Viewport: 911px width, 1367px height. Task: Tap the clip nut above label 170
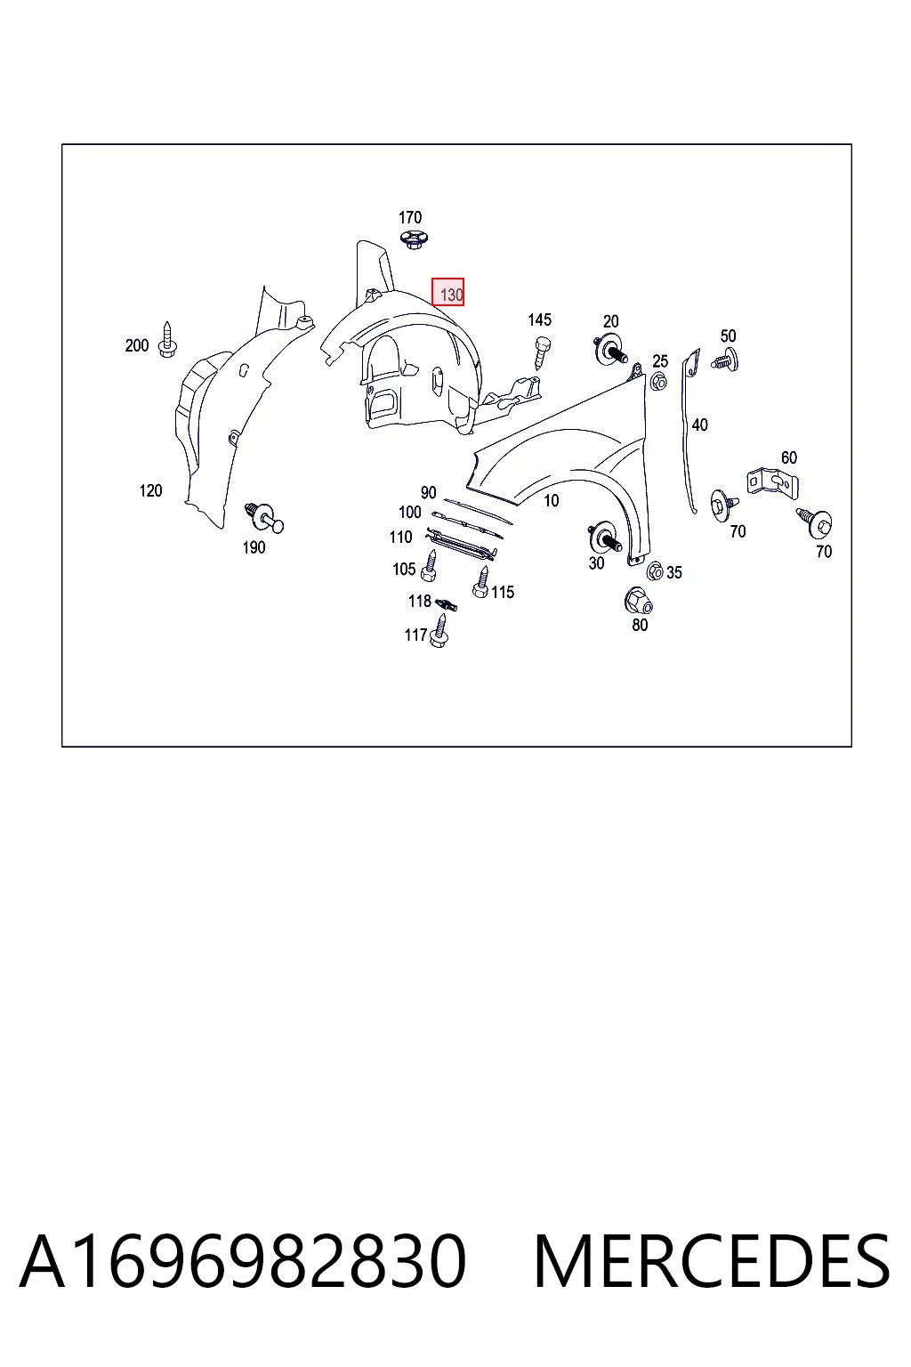click(x=413, y=239)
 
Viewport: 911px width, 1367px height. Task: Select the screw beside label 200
click(x=167, y=339)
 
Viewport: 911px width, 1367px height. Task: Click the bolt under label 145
click(x=541, y=352)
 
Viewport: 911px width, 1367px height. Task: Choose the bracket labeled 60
click(x=772, y=482)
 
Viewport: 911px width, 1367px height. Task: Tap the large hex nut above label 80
click(x=638, y=601)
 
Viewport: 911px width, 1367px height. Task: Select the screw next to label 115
click(x=481, y=581)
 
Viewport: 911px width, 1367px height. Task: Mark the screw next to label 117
click(x=439, y=630)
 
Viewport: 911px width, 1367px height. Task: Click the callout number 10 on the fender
click(x=551, y=500)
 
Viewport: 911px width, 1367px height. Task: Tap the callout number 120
click(x=150, y=490)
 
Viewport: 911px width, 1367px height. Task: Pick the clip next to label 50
click(x=725, y=360)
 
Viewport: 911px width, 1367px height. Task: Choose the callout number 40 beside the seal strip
click(x=699, y=425)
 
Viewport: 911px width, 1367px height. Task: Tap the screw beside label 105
click(x=429, y=565)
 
